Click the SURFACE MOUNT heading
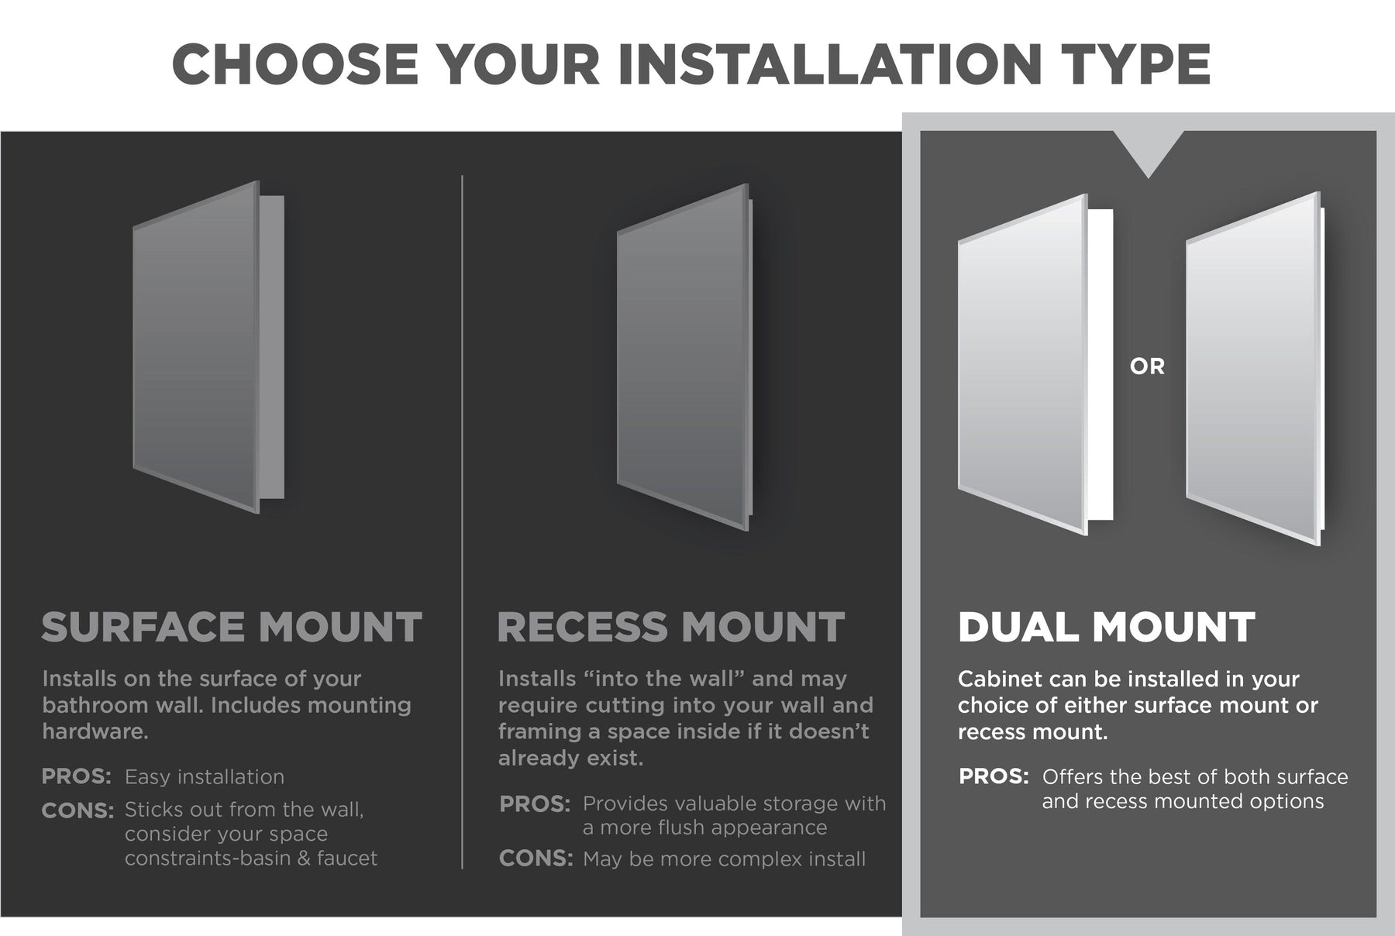point(232,628)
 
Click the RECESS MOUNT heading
point(671,628)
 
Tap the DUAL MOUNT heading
point(1107,628)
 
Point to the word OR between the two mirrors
point(1147,366)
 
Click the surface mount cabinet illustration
point(208,346)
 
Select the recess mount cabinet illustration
point(684,357)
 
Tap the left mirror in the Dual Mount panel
point(1035,364)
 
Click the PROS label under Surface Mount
point(77,776)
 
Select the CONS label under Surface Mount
point(77,810)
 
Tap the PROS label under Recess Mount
point(535,804)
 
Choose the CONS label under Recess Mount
point(536,859)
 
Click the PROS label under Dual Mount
point(994,776)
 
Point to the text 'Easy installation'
point(205,777)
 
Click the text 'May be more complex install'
point(724,859)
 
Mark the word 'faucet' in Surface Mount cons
point(347,859)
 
